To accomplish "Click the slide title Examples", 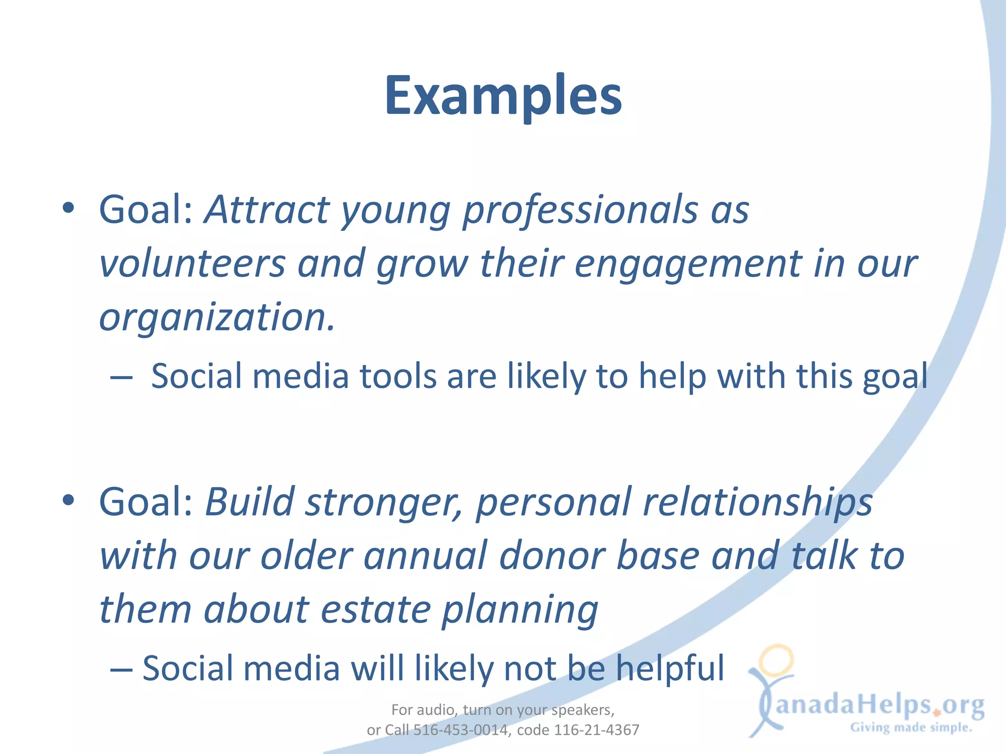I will [503, 96].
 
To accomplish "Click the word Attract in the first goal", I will [267, 210].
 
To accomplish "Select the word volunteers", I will [192, 264].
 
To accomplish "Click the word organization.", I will [217, 318].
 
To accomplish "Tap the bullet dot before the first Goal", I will [69, 208].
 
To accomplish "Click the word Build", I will [250, 502].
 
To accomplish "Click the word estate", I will [376, 610].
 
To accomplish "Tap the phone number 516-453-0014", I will [460, 730].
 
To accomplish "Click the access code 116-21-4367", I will [596, 730].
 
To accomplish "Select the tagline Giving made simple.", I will [911, 727].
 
